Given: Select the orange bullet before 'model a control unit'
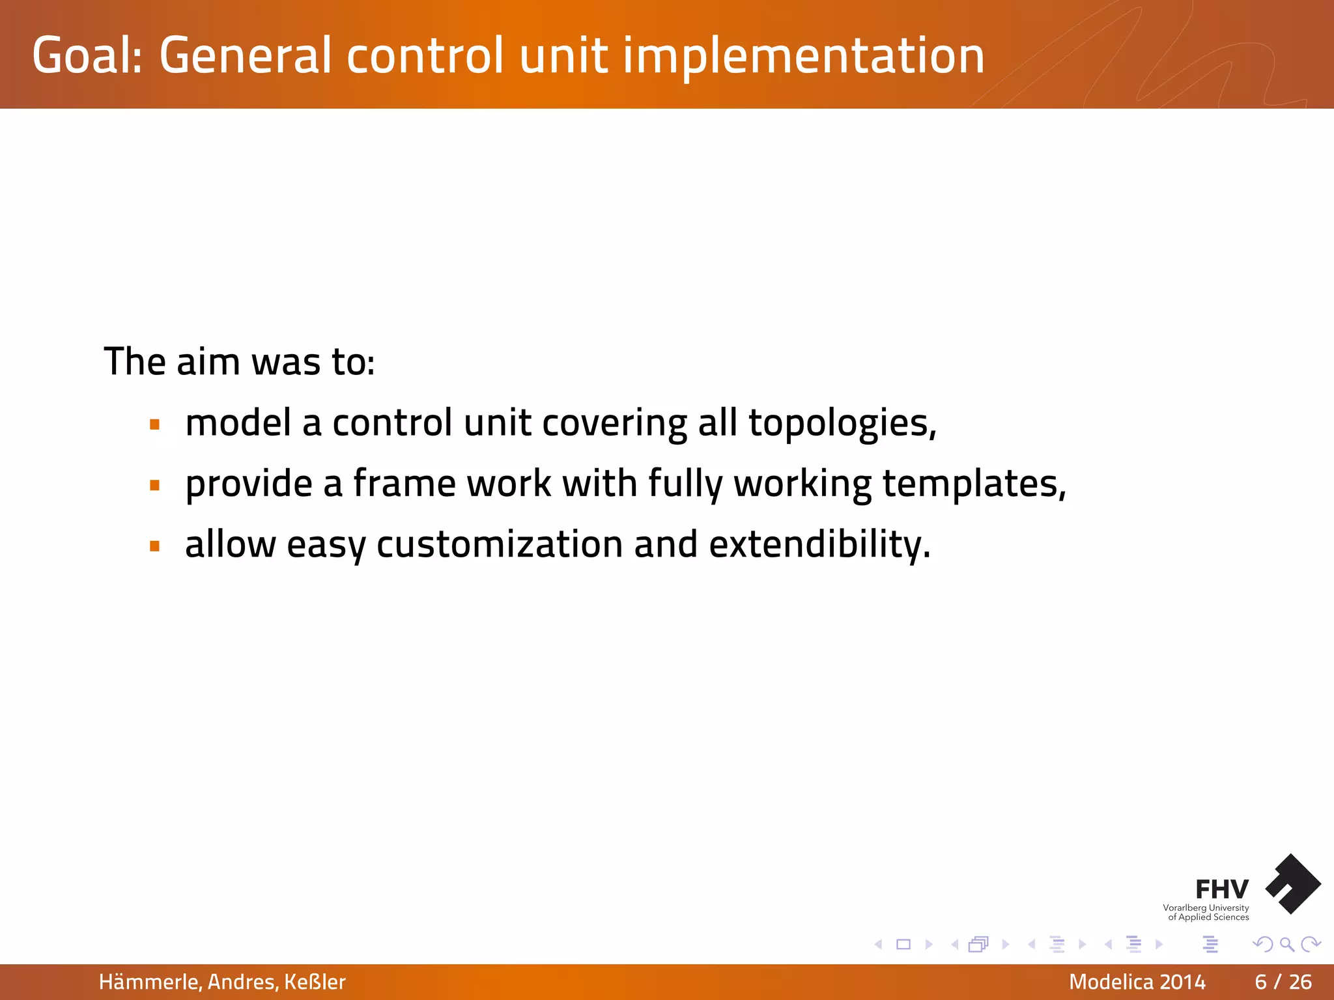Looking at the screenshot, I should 154,425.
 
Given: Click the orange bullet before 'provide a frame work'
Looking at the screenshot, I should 154,486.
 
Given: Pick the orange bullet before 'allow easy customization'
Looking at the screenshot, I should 154,546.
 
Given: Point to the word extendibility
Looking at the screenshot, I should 819,544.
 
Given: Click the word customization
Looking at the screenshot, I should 499,544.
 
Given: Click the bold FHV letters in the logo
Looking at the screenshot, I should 1221,889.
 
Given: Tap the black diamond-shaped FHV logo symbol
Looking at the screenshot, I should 1293,883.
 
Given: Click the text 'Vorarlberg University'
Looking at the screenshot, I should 1206,908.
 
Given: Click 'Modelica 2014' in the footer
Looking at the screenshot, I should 1137,982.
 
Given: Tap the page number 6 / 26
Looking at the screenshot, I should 1283,982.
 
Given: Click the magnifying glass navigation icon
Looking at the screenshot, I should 1286,944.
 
